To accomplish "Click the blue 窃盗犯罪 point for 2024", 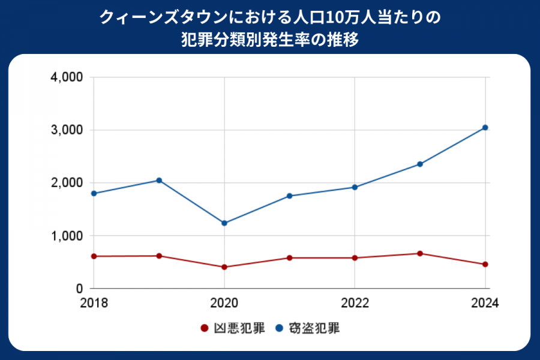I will (x=485, y=127).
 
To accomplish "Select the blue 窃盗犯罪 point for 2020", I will (x=224, y=223).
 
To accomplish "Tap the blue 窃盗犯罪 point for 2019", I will (x=159, y=180).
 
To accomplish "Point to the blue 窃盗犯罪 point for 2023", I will (x=420, y=164).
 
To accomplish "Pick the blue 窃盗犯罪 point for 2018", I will (x=94, y=193).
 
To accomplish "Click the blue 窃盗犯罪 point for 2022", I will (x=355, y=187).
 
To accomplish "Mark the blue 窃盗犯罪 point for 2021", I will (x=289, y=196).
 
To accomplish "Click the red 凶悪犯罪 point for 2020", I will (x=224, y=267).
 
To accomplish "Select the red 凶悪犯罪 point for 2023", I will (x=420, y=253).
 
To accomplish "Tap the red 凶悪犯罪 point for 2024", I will (x=485, y=264).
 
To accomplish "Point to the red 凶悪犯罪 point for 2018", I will (x=94, y=256).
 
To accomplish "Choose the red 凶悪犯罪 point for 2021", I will (x=289, y=258).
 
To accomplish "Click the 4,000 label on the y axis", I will (x=67, y=77).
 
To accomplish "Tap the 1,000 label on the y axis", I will (x=67, y=236).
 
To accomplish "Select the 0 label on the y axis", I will (x=79, y=289).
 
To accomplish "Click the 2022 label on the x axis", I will (x=355, y=303).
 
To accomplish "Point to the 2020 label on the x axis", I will (x=224, y=303).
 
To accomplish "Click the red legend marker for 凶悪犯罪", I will (x=204, y=328).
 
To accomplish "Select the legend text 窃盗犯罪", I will (x=316, y=328).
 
